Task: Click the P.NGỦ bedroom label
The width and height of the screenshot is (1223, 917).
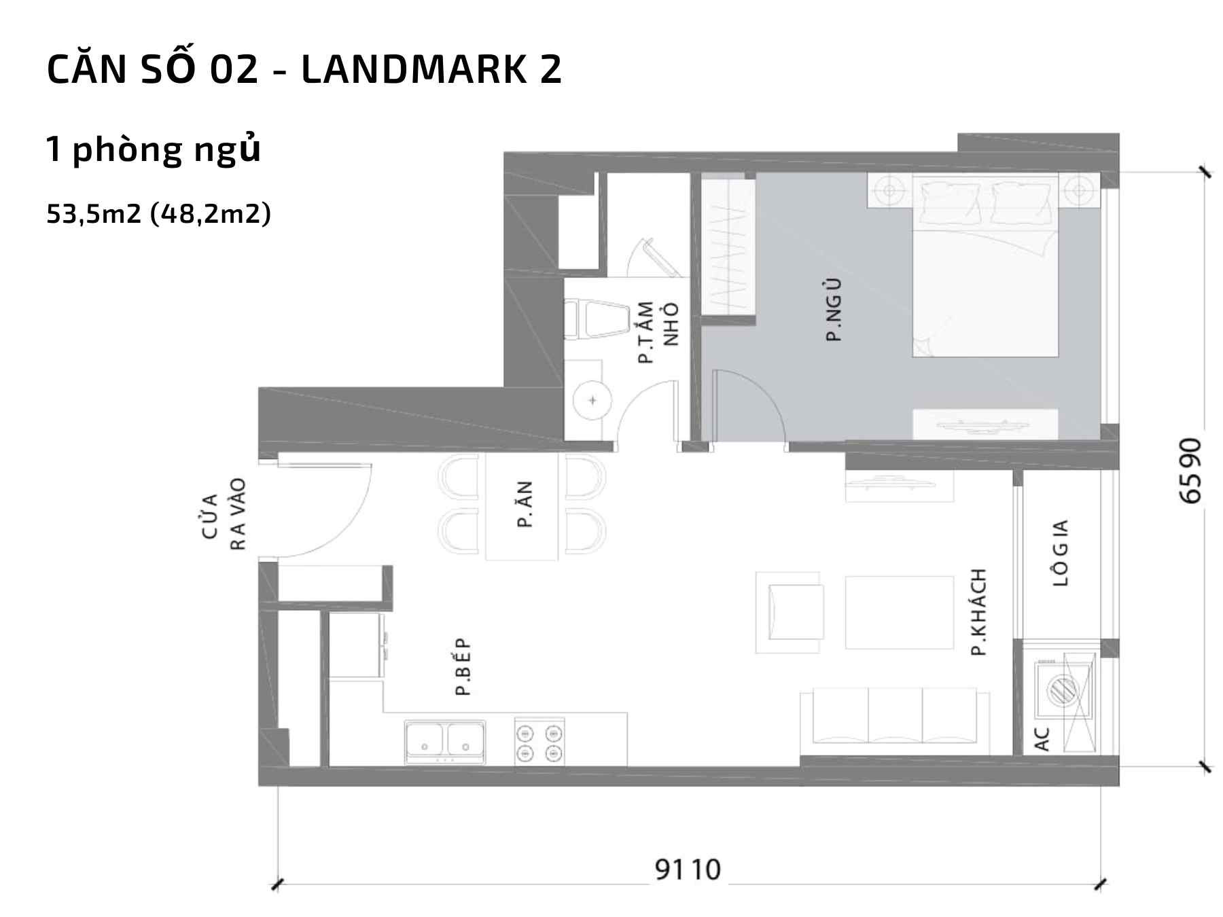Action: click(834, 310)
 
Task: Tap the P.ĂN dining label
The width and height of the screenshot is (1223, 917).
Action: click(524, 504)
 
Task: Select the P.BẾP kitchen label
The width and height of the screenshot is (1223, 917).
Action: click(463, 667)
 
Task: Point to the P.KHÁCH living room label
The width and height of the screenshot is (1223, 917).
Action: click(978, 612)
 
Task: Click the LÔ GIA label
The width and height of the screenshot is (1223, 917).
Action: click(1061, 552)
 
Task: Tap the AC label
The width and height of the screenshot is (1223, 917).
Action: click(1042, 739)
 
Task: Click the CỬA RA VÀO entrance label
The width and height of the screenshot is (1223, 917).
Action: click(224, 514)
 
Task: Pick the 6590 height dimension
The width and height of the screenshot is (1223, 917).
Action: click(1190, 471)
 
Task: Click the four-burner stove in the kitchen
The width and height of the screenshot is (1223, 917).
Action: click(539, 742)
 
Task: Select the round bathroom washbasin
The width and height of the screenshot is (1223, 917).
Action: click(592, 399)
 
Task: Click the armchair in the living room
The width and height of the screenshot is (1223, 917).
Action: click(789, 612)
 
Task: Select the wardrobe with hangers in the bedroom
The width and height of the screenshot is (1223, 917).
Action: click(728, 247)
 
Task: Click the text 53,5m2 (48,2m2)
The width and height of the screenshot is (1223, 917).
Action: click(159, 214)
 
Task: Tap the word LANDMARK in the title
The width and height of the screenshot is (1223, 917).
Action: click(414, 69)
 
